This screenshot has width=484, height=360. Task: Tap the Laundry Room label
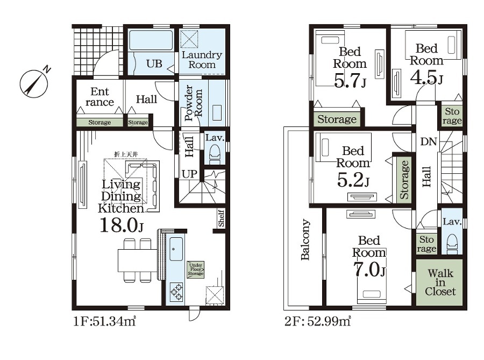point(202,60)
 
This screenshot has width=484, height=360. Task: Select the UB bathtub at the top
point(151,40)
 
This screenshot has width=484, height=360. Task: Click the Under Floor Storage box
point(196,269)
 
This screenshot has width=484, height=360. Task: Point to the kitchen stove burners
point(176,292)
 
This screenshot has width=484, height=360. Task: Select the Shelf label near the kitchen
point(221,218)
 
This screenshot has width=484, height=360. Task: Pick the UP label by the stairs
point(189,174)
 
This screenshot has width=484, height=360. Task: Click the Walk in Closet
point(440,282)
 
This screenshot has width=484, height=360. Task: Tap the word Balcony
point(305,239)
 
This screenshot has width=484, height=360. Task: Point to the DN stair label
point(429,142)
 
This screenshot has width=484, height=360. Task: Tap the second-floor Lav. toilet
point(452,243)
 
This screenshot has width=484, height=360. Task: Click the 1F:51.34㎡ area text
point(105,321)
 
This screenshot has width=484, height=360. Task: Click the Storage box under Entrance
point(99,122)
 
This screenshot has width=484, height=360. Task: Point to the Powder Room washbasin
point(217,113)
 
